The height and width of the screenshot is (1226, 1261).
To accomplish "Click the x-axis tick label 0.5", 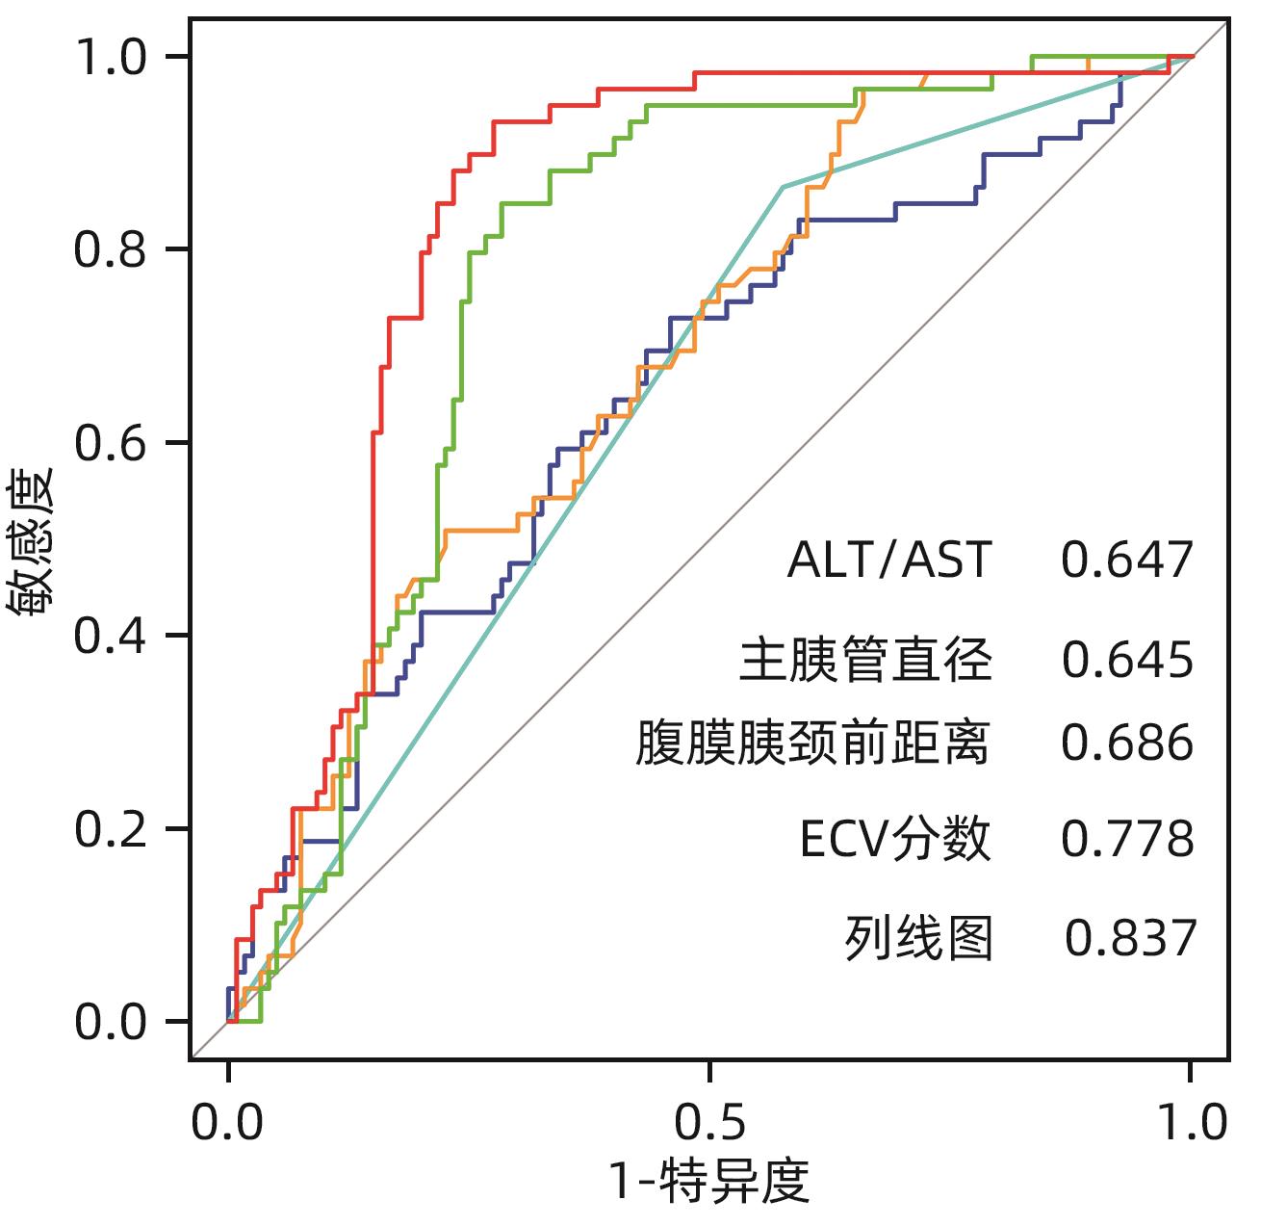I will pyautogui.click(x=709, y=1123).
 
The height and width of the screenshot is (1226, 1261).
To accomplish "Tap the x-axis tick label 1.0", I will pyautogui.click(x=1191, y=1123).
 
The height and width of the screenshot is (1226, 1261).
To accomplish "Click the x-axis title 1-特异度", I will pyautogui.click(x=709, y=1182).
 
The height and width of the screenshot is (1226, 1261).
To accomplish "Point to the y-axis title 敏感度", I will pyautogui.click(x=32, y=542).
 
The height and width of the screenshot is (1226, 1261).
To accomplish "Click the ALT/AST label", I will pyautogui.click(x=888, y=561).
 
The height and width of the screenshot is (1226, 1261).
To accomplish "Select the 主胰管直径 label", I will pyautogui.click(x=865, y=660).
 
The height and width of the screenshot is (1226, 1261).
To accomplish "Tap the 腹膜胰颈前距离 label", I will pyautogui.click(x=812, y=743).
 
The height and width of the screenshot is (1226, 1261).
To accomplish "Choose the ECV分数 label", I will pyautogui.click(x=895, y=839).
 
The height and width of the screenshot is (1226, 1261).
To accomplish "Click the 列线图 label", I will pyautogui.click(x=919, y=937).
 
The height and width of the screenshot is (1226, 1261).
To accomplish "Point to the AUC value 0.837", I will pyautogui.click(x=1131, y=937).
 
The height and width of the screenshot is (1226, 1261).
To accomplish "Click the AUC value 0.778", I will pyautogui.click(x=1127, y=839).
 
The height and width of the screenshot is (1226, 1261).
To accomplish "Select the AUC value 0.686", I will pyautogui.click(x=1127, y=743).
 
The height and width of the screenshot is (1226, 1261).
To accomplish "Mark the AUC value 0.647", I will pyautogui.click(x=1127, y=561).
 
